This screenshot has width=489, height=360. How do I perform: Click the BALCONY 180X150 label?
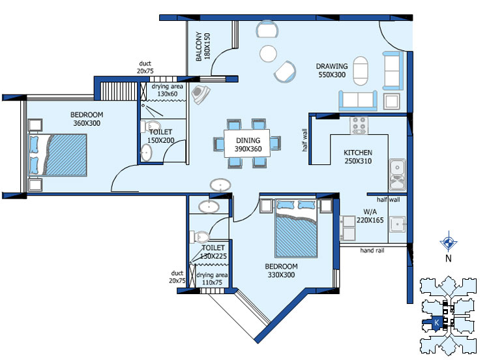(x=203, y=46)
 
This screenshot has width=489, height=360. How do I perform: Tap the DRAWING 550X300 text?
(x=332, y=70)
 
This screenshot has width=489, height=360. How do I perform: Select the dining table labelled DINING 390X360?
(x=247, y=143)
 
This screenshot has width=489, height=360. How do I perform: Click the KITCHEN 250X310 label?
(x=358, y=157)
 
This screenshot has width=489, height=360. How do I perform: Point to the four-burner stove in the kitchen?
(x=359, y=125)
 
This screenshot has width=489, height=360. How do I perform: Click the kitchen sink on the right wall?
(x=397, y=175)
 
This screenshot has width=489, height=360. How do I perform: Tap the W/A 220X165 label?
(x=370, y=216)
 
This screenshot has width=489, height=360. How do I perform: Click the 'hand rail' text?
(x=372, y=250)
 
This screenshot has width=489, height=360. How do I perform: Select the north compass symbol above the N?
(x=449, y=242)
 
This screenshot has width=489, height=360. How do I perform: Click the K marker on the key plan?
(x=437, y=323)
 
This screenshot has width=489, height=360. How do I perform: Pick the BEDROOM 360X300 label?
(x=87, y=119)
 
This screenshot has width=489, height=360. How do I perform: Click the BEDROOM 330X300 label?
(x=281, y=271)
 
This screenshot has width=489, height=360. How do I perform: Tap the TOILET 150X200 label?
(x=160, y=136)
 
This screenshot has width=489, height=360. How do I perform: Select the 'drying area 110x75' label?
(x=212, y=279)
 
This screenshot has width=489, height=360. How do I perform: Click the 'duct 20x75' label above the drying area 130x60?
(x=145, y=67)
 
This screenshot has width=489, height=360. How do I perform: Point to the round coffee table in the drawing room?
(x=268, y=53)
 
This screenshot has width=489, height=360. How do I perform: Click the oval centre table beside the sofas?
(x=361, y=71)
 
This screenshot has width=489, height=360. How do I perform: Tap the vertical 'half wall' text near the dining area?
(x=304, y=140)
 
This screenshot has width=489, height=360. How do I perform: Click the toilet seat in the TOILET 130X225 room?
(x=200, y=237)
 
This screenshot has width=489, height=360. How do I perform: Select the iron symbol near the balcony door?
(x=200, y=94)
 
